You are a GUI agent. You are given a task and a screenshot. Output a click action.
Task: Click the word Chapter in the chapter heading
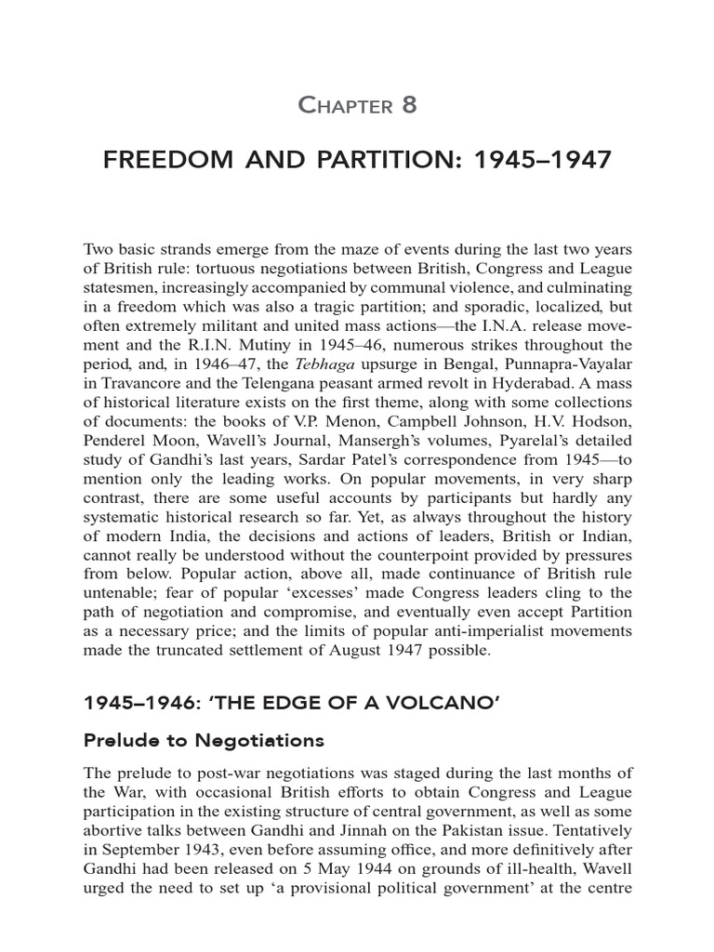coord(345,106)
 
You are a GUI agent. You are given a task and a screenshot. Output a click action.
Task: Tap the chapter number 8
coord(409,105)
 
